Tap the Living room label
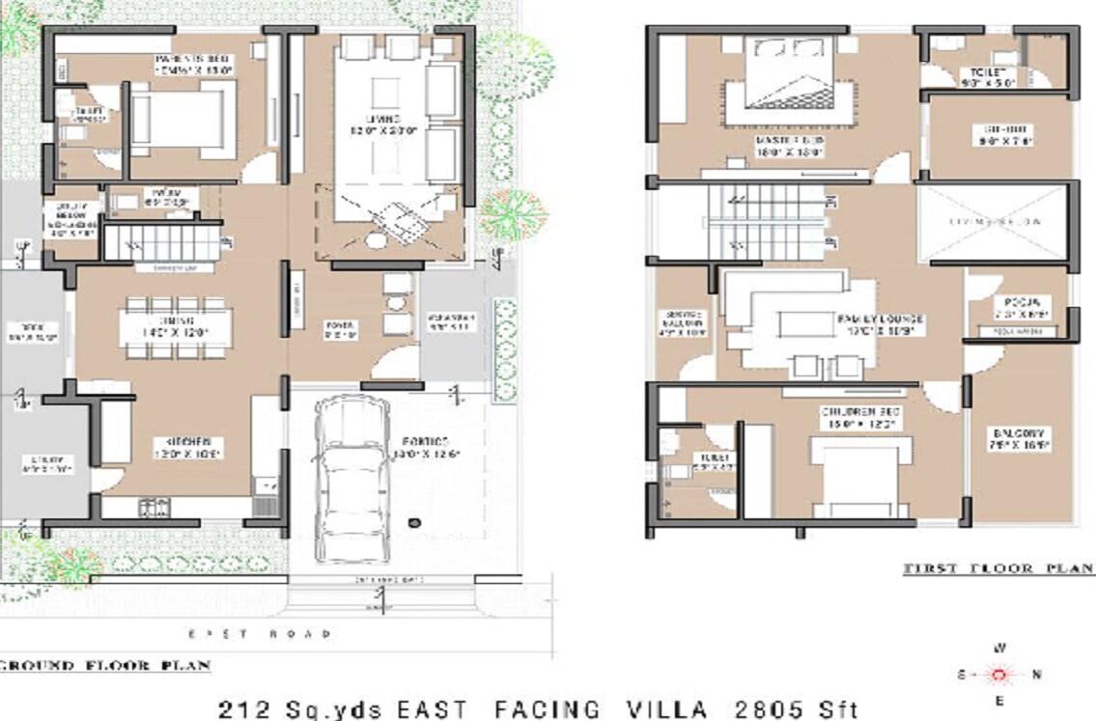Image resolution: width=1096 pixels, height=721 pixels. point(375,123)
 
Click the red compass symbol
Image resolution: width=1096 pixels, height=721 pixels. point(998,674)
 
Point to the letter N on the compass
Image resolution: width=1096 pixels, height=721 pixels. point(1036,675)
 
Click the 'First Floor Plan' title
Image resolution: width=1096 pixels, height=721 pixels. point(998,569)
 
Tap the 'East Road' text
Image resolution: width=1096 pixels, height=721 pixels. point(260,634)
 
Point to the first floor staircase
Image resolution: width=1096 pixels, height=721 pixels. point(763,223)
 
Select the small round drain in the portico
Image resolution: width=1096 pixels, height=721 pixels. point(414,522)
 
